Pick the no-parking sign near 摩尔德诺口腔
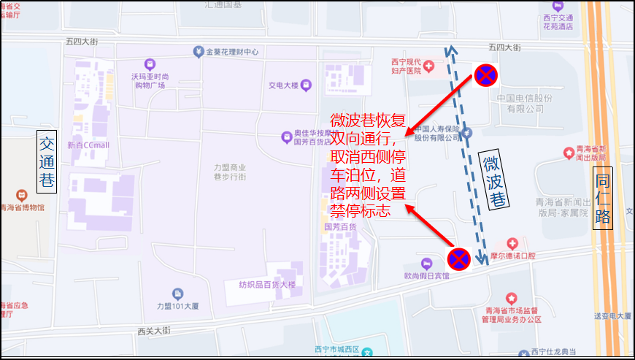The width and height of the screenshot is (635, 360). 459,257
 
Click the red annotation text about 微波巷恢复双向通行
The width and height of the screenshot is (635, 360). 368,165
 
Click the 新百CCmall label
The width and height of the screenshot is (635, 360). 88,145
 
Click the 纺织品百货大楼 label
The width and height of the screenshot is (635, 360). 267,284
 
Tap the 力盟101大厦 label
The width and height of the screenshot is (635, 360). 171,307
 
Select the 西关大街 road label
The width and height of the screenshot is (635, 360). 153,331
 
